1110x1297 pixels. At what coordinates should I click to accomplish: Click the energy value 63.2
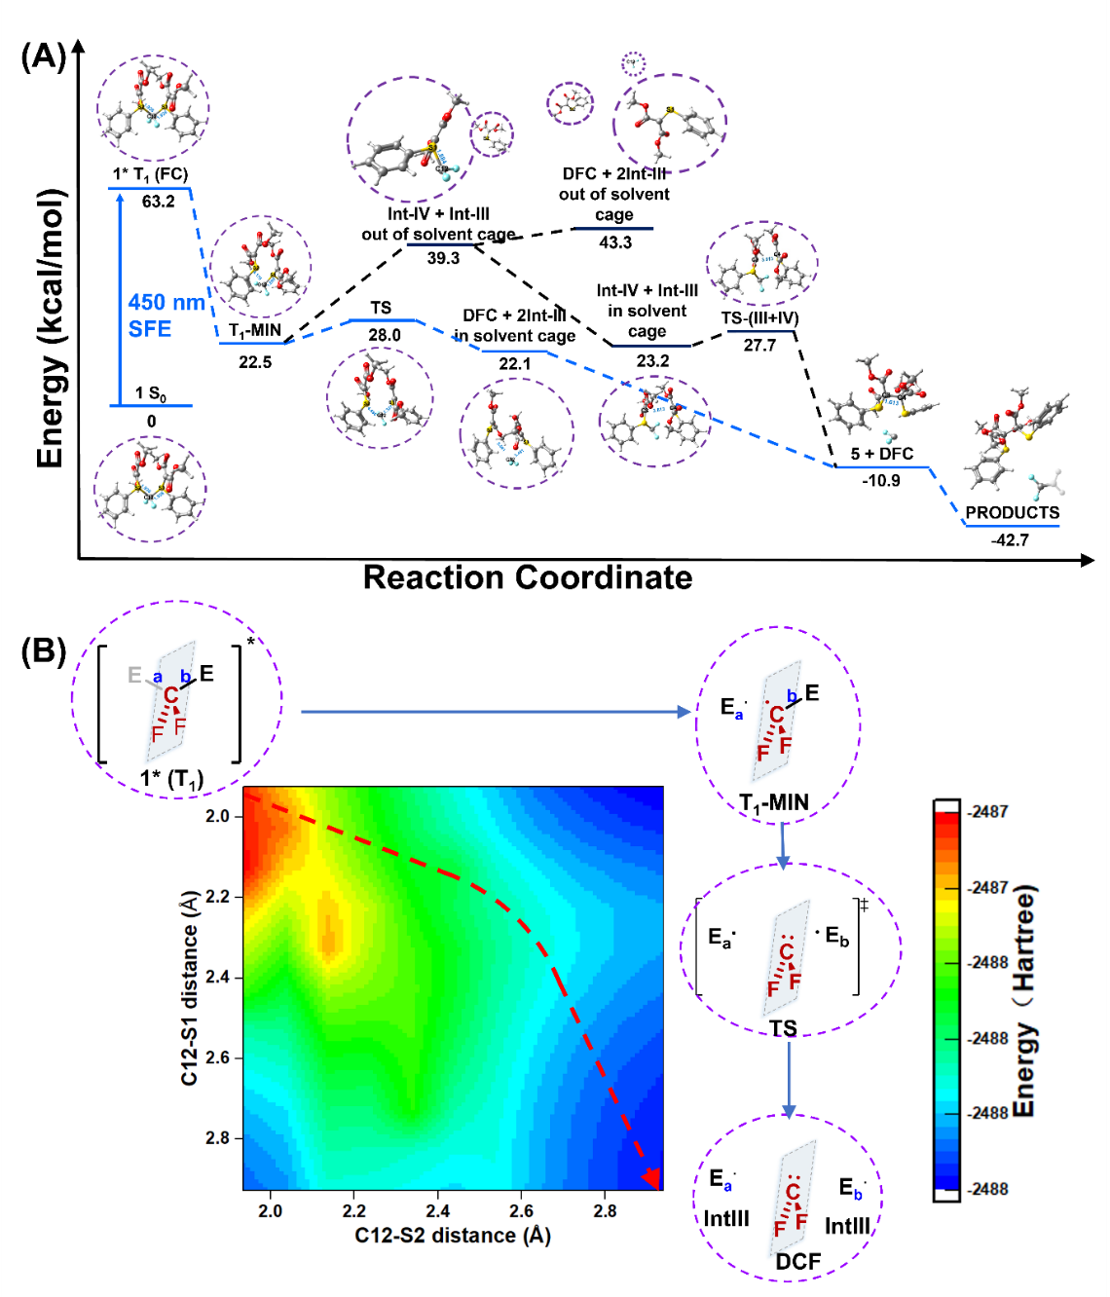coord(158,202)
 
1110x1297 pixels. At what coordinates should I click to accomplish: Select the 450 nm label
coord(166,303)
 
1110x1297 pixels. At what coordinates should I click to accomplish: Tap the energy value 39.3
coord(443,258)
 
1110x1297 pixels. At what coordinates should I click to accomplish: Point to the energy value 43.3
coord(614,242)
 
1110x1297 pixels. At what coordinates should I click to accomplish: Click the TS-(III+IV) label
coord(759,318)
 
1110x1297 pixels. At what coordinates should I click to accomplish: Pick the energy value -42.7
coord(1010,540)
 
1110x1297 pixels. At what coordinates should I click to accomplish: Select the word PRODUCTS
coord(1012,513)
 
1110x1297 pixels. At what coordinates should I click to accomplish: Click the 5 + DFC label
coord(881,454)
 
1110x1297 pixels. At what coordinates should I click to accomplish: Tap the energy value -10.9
coord(881,481)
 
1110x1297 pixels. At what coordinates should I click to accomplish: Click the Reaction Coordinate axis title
coord(528,577)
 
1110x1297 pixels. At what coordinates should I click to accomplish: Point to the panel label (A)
coord(43,56)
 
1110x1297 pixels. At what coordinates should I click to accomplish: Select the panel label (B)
coord(43,650)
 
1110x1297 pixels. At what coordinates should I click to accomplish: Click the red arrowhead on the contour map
coord(652,1178)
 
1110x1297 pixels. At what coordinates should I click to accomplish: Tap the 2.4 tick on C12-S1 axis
coord(217,977)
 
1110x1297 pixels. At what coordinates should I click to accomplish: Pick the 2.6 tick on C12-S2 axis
coord(521,1211)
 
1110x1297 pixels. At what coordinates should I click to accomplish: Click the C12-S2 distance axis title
coord(453,1236)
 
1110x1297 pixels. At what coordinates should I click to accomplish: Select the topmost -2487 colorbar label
coord(988,811)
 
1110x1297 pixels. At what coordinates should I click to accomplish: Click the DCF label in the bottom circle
coord(797,1262)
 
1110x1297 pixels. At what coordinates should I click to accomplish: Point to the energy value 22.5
coord(255,362)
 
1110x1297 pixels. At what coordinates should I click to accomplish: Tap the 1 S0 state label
coord(150,393)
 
